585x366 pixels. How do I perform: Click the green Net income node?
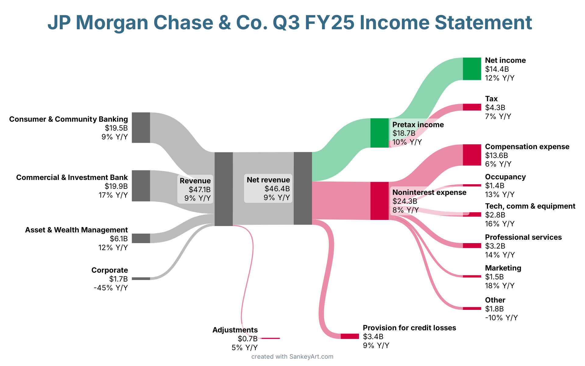[472, 69]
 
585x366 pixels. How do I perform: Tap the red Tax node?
[472, 107]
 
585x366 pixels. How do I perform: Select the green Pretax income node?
[379, 133]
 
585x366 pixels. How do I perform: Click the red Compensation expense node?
[472, 155]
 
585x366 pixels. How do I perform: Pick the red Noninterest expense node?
[379, 201]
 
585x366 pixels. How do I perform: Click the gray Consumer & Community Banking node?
[141, 127]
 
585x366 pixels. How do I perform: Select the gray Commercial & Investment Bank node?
[141, 186]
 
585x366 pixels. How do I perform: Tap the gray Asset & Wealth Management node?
[141, 238]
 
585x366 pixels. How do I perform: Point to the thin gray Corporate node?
[141, 278]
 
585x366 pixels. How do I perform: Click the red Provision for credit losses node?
[349, 336]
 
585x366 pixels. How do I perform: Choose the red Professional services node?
[472, 246]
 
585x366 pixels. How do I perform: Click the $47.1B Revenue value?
[200, 189]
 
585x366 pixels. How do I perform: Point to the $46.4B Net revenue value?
[277, 188]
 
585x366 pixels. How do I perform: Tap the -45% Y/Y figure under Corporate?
[111, 288]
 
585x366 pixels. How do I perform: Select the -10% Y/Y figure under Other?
[501, 318]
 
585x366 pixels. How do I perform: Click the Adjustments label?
[235, 330]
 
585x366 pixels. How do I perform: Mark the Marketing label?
[503, 268]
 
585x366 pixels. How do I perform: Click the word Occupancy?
[505, 177]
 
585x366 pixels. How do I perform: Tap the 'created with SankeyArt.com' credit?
[292, 357]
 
